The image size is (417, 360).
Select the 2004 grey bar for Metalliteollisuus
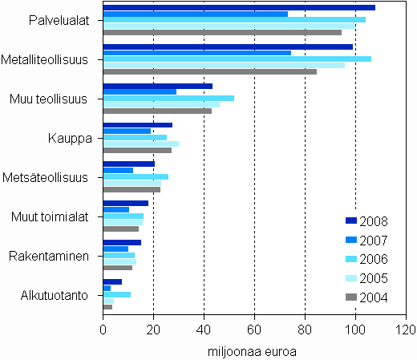pos(209,72)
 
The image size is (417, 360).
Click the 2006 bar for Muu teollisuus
pos(168,98)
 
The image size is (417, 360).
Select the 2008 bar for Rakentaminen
pos(122,242)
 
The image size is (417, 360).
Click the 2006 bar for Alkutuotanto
pos(116,294)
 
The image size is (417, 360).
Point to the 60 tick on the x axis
pos(254,330)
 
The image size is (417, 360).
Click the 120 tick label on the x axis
pos(405,330)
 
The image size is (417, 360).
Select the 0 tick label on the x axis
pos(103,330)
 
